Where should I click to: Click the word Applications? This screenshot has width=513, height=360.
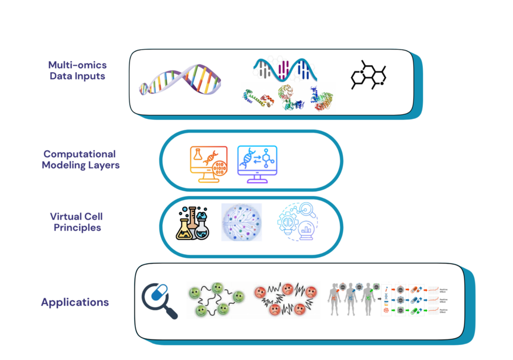pos(75,302)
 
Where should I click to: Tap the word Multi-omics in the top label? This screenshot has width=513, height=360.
pos(77,65)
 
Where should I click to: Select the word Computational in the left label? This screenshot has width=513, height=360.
pos(79,154)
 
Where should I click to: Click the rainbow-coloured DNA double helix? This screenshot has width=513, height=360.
pos(180,81)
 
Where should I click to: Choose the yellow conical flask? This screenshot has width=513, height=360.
pos(183,229)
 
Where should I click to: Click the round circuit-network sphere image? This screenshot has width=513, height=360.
pos(242,222)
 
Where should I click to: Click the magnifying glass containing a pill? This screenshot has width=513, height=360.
pos(159,299)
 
